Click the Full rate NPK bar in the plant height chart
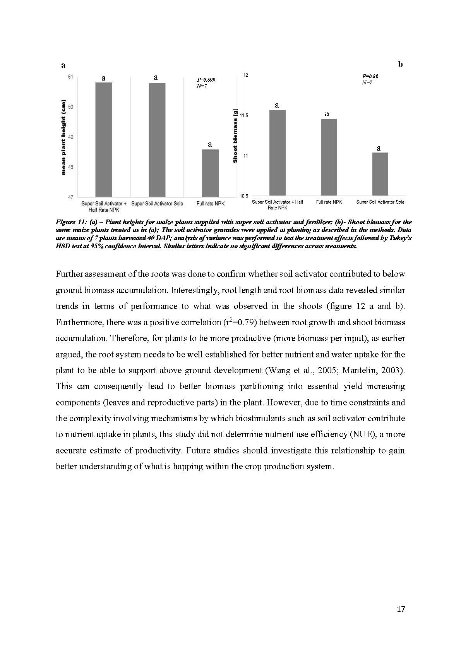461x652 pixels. (x=210, y=173)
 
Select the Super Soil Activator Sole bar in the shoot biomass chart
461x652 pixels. (x=380, y=174)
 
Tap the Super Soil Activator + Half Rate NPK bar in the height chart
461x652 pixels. (x=104, y=139)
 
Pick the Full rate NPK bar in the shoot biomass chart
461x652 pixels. (x=329, y=157)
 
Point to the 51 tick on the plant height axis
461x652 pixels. (x=70, y=77)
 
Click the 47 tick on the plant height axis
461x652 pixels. (x=70, y=197)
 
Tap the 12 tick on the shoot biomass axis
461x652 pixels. (x=245, y=75)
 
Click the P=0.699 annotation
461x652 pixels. (x=206, y=80)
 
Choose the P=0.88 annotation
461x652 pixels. (x=370, y=76)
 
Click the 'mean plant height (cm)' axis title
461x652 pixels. (x=64, y=137)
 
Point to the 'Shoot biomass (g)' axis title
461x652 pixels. (x=235, y=136)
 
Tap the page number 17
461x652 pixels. (x=401, y=609)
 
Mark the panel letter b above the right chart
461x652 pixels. (x=400, y=64)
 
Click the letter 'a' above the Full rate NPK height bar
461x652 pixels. (x=210, y=144)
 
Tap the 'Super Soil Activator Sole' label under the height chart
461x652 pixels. (x=157, y=204)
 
